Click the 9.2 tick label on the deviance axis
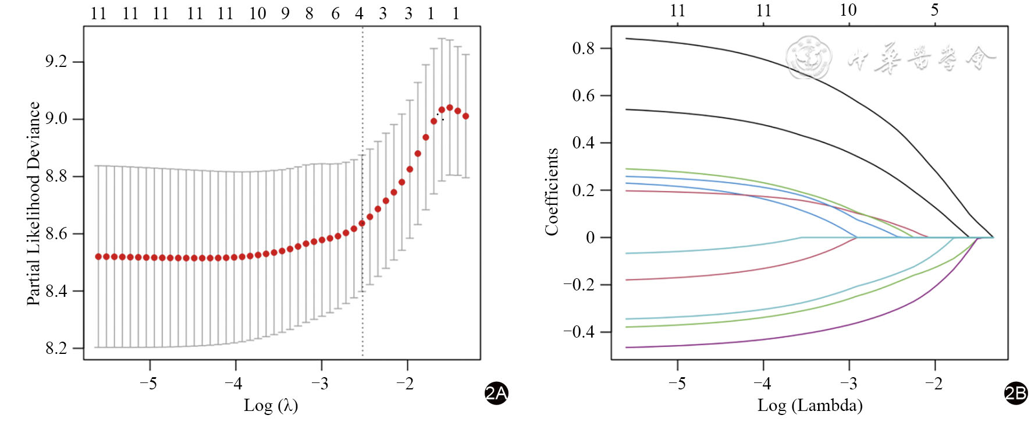pyautogui.click(x=56, y=62)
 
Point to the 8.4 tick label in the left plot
pyautogui.click(x=56, y=291)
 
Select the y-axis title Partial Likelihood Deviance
pyautogui.click(x=34, y=204)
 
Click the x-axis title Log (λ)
pyautogui.click(x=271, y=405)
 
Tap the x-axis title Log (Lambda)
pyautogui.click(x=810, y=405)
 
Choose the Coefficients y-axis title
pyautogui.click(x=552, y=192)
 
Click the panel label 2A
pyautogui.click(x=496, y=393)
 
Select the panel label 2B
pyautogui.click(x=1016, y=393)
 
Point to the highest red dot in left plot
pyautogui.click(x=450, y=108)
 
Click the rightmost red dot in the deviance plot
pyautogui.click(x=465, y=116)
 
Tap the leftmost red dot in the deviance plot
pyautogui.click(x=98, y=257)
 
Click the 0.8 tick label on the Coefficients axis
pyautogui.click(x=583, y=48)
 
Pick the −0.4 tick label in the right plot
pyautogui.click(x=578, y=332)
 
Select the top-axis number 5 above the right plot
pyautogui.click(x=934, y=10)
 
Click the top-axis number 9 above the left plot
pyautogui.click(x=285, y=13)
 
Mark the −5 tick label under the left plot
pyautogui.click(x=149, y=384)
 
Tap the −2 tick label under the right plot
pyautogui.click(x=934, y=384)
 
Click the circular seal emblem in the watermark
pyautogui.click(x=809, y=57)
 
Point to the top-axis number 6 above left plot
pyautogui.click(x=335, y=13)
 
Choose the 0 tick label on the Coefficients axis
pyautogui.click(x=590, y=237)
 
